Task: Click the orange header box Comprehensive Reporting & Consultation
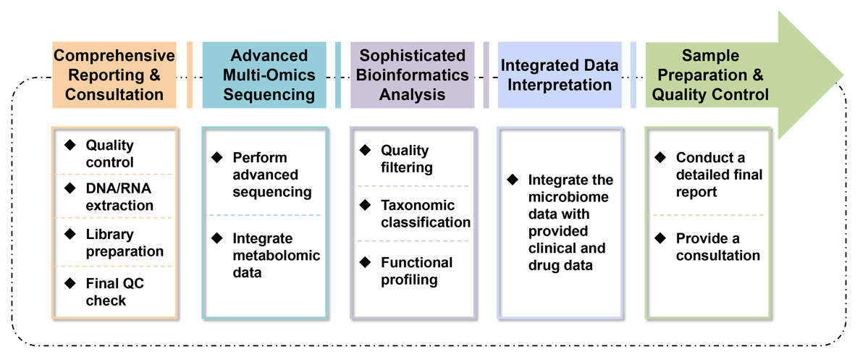(114, 75)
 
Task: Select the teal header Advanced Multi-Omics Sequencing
(269, 75)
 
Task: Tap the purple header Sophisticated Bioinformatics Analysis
(412, 75)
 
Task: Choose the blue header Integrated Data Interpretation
(560, 75)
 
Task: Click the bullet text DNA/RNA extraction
(119, 196)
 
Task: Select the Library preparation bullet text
(125, 243)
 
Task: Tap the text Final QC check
(114, 291)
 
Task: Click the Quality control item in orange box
(109, 154)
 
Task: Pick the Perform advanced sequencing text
(271, 175)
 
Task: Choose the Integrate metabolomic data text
(276, 256)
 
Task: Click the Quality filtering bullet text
(406, 159)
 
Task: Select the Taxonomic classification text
(426, 214)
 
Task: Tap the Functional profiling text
(416, 271)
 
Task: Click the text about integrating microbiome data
(570, 222)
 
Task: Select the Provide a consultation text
(717, 247)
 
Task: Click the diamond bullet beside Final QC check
(69, 282)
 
